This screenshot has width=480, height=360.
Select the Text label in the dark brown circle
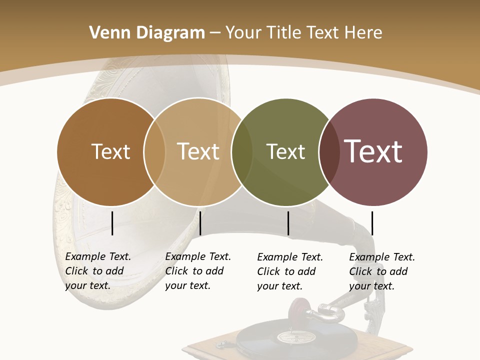pyautogui.click(x=110, y=151)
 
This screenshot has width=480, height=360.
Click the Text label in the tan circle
pyautogui.click(x=198, y=151)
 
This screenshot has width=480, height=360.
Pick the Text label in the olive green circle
pyautogui.click(x=285, y=151)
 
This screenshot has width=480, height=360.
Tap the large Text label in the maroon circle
pyautogui.click(x=373, y=151)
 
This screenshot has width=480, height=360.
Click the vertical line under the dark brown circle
pyautogui.click(x=112, y=223)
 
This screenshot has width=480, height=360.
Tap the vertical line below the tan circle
pyautogui.click(x=200, y=223)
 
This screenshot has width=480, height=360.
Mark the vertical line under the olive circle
pyautogui.click(x=288, y=223)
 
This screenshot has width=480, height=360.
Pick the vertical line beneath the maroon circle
pyautogui.click(x=372, y=223)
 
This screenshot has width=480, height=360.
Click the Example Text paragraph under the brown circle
pyautogui.click(x=97, y=271)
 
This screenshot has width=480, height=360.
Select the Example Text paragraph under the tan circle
pyautogui.click(x=197, y=271)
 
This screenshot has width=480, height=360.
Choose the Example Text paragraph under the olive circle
pyautogui.click(x=289, y=271)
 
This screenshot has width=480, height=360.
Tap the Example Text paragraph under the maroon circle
pyautogui.click(x=381, y=271)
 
